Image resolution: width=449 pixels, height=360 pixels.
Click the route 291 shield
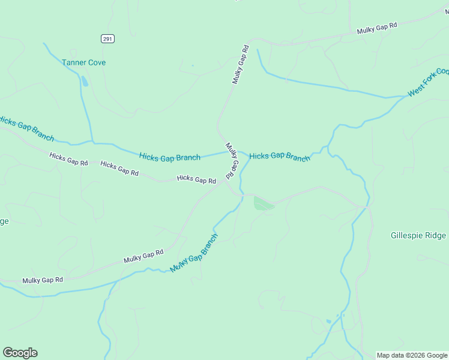tap(107, 38)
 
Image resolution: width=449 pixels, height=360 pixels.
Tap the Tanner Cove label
tap(84, 62)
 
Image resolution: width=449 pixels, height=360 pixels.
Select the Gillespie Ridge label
tap(418, 236)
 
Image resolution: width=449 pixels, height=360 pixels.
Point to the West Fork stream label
tap(427, 83)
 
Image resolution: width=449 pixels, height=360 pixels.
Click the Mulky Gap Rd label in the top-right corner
tap(377, 29)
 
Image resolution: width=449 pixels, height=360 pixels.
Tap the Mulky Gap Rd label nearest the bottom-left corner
tap(43, 280)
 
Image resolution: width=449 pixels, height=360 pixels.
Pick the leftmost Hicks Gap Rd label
tap(68, 159)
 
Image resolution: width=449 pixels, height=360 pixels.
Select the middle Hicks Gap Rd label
tap(119, 168)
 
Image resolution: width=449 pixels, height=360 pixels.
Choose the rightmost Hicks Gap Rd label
tap(196, 179)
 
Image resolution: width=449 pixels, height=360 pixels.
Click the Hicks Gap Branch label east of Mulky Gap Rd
tap(280, 156)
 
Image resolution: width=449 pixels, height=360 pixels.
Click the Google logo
tap(20, 353)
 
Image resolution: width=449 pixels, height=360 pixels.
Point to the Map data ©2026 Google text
tap(412, 355)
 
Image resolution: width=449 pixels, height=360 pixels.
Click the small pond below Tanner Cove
tap(84, 81)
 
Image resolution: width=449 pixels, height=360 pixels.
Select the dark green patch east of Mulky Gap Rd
tap(262, 204)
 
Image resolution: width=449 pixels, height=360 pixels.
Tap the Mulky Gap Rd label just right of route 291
tap(240, 64)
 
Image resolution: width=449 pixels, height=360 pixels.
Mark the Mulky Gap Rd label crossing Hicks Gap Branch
tap(232, 161)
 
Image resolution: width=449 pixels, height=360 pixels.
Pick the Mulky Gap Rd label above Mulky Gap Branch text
tap(143, 256)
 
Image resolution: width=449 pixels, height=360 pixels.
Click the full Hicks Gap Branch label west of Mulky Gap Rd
tap(170, 157)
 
